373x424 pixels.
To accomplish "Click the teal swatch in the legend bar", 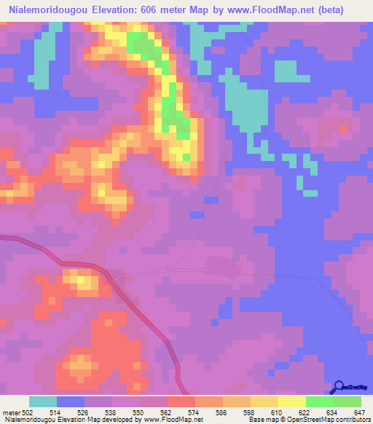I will point(43,401).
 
